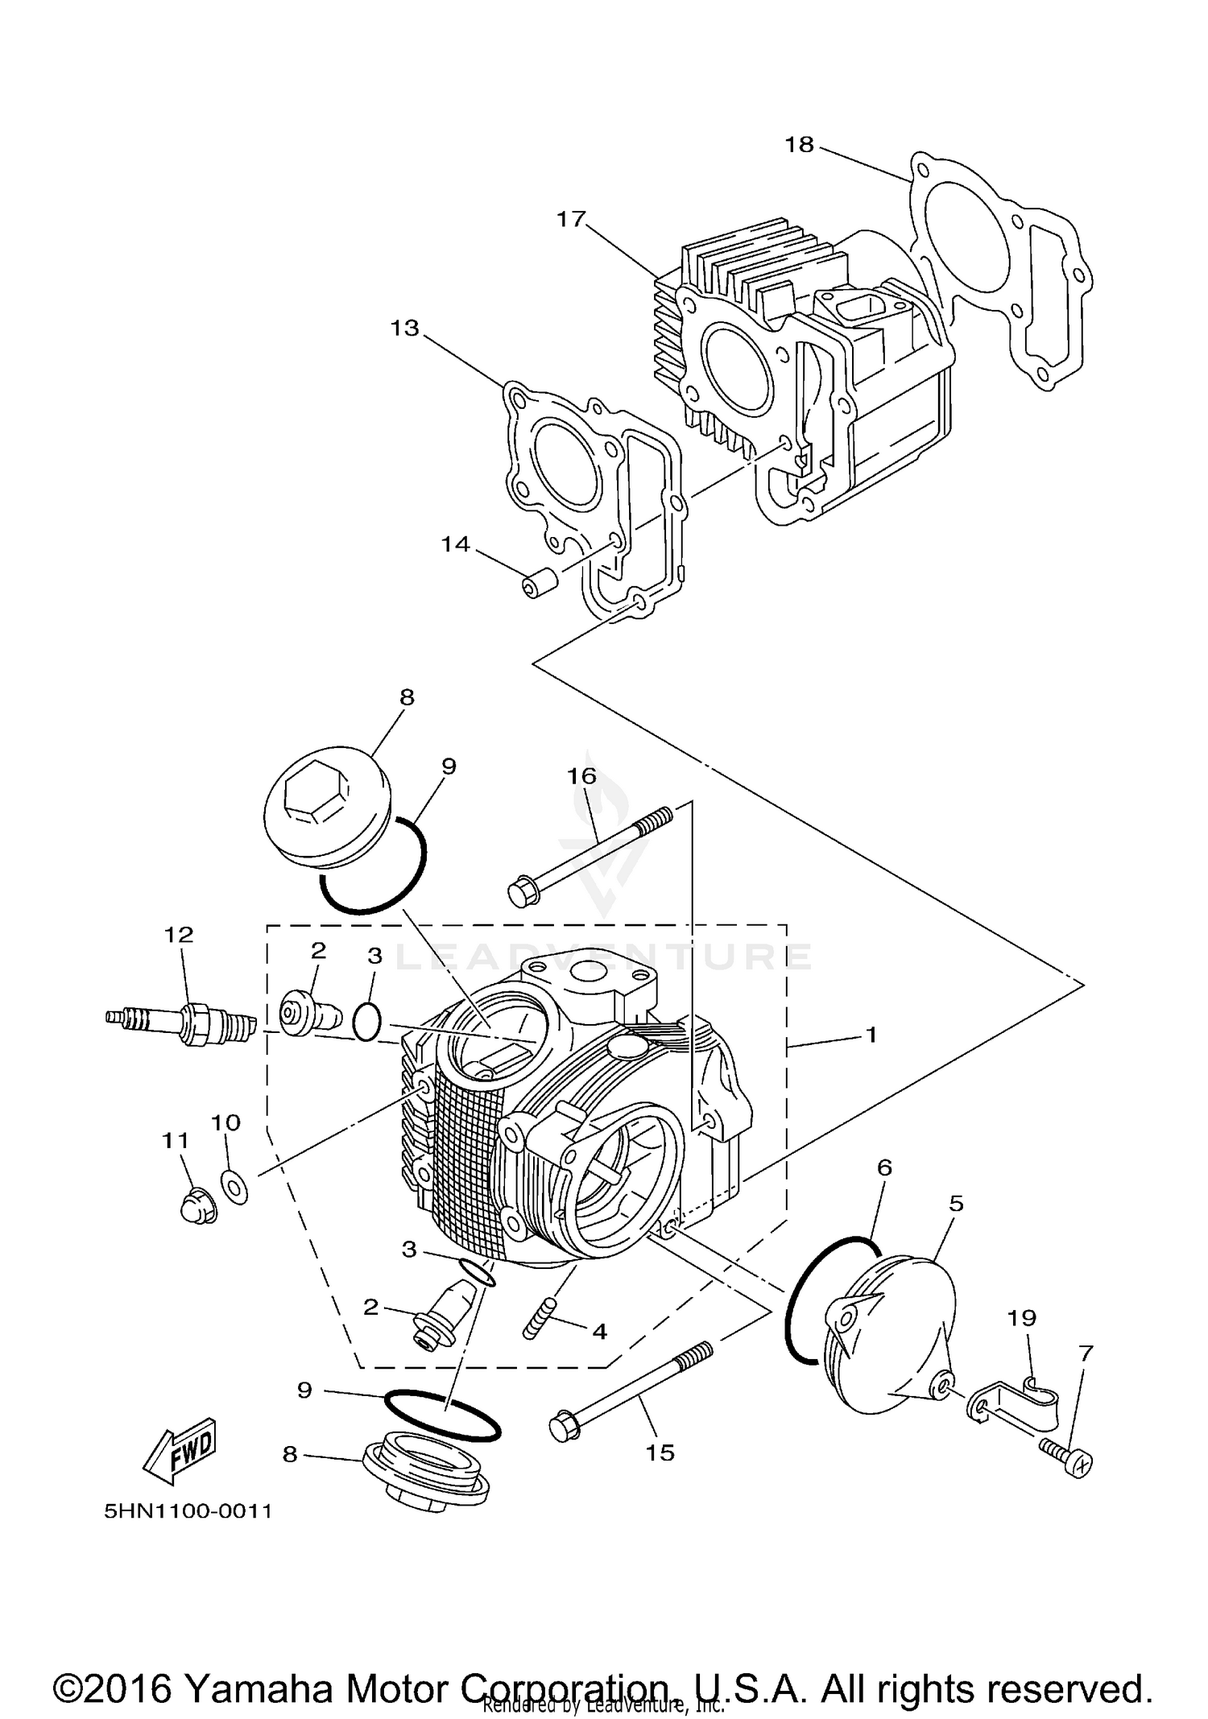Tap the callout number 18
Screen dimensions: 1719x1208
tap(800, 145)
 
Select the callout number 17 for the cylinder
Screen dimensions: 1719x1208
tap(571, 219)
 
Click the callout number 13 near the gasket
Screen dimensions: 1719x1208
tap(405, 329)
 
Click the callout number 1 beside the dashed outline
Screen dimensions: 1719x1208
tap(870, 1035)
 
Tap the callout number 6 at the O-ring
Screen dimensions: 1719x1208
tap(884, 1167)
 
